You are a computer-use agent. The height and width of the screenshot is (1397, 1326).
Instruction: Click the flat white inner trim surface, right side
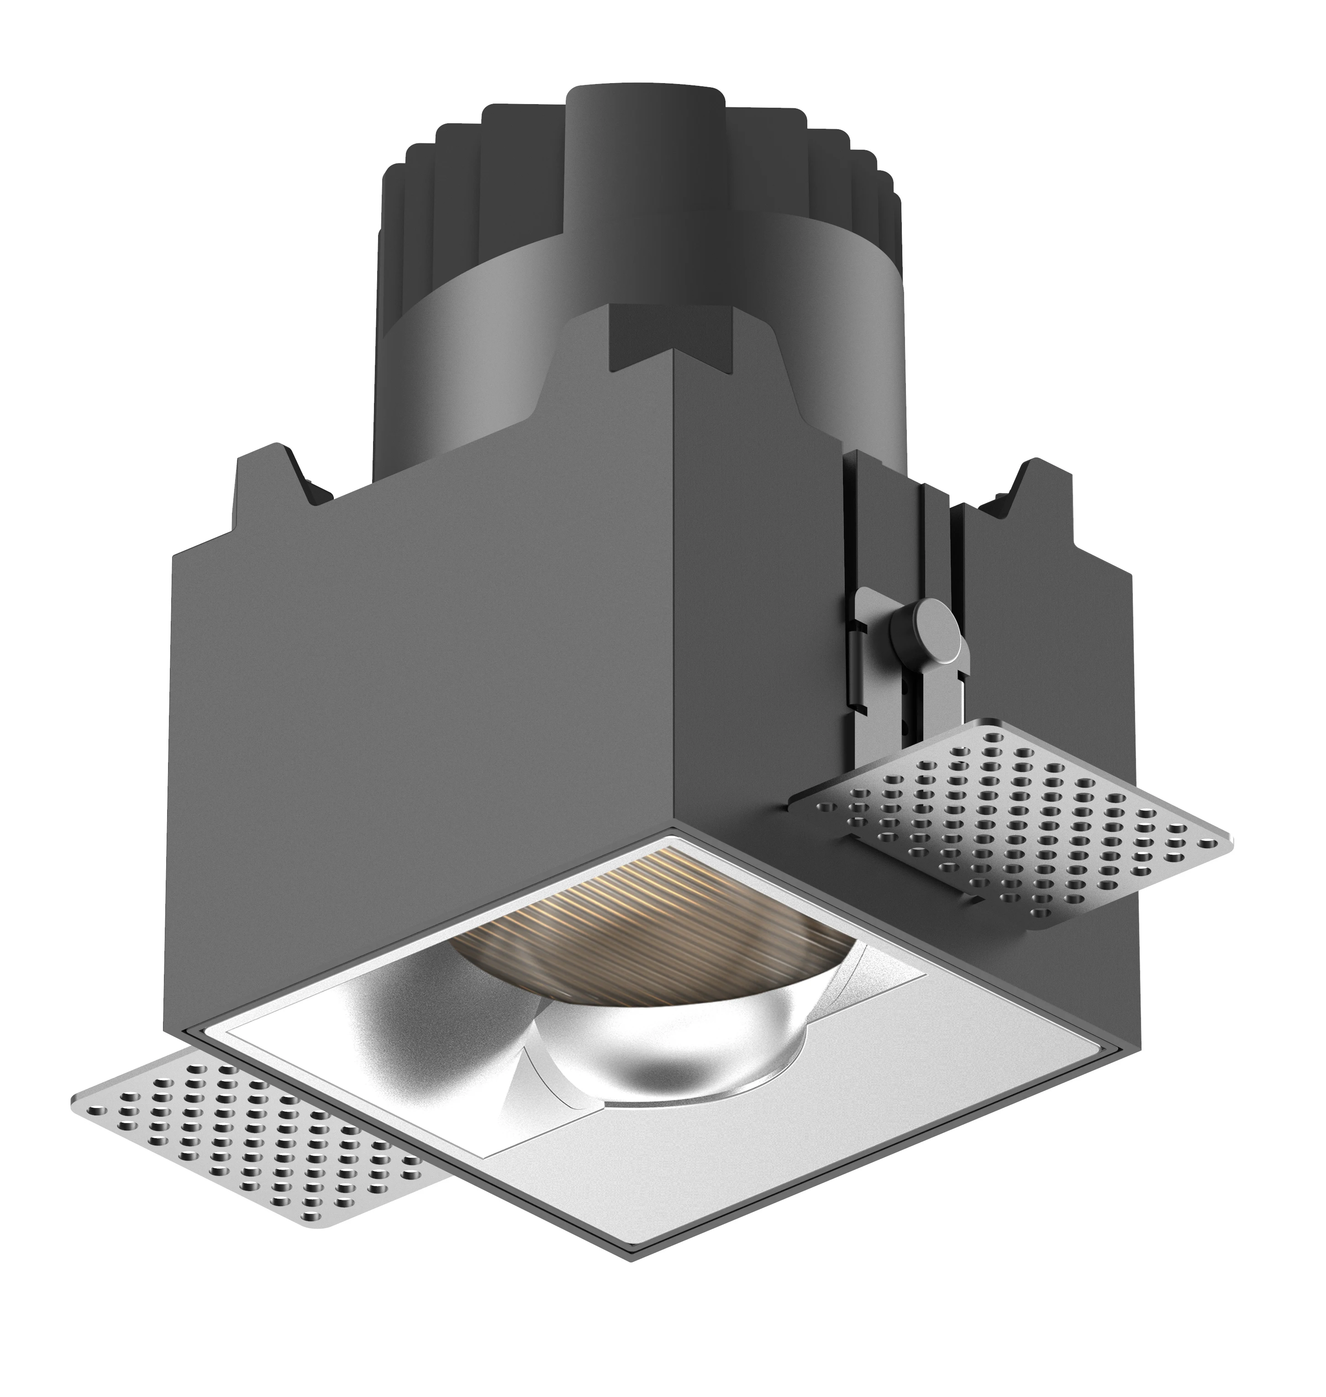813,1103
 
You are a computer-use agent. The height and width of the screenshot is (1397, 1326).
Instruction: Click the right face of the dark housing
756,636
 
